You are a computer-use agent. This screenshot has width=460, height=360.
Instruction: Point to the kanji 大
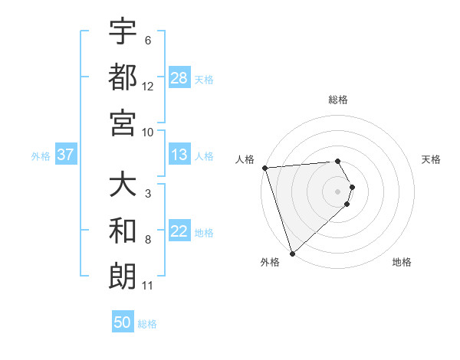123,185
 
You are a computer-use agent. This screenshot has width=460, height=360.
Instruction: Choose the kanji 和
123,231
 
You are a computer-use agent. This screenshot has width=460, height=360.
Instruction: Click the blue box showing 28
179,78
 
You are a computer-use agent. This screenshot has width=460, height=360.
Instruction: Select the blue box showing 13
179,155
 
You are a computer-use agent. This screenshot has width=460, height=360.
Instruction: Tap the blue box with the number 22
179,232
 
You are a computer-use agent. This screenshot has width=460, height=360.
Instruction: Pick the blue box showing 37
66,155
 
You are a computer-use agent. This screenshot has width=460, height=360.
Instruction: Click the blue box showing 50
123,322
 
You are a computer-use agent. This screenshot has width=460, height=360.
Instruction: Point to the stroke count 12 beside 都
148,87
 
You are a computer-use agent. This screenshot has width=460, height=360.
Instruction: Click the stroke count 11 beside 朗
148,286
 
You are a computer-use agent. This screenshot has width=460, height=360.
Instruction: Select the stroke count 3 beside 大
148,194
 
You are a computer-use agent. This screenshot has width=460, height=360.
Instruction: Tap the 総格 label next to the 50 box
148,324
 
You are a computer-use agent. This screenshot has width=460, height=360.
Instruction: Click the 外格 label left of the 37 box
41,156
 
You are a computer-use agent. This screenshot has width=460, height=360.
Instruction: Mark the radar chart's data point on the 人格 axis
264,168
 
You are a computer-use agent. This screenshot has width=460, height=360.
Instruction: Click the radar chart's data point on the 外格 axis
292,252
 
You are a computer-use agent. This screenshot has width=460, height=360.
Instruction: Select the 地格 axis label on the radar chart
402,262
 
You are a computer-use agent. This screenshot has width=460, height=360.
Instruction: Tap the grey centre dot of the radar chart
338,191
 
